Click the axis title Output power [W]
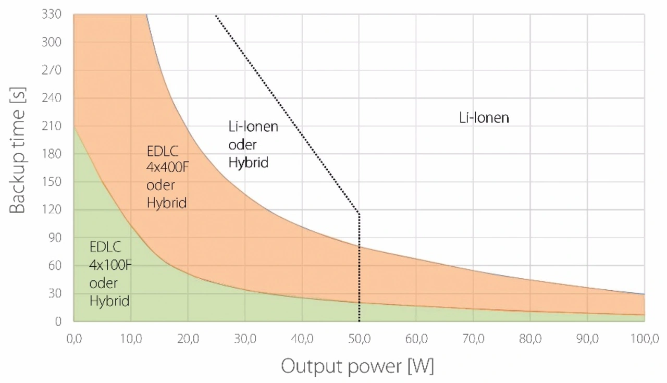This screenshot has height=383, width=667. (x=357, y=366)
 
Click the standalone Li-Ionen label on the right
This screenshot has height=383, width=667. (x=484, y=118)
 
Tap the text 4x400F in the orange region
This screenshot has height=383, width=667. (x=168, y=168)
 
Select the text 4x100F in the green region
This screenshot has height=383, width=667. (x=110, y=265)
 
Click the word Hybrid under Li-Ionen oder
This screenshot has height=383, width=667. (x=248, y=162)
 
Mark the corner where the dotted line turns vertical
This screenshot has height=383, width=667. (x=359, y=213)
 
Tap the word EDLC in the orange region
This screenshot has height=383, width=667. (x=163, y=151)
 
